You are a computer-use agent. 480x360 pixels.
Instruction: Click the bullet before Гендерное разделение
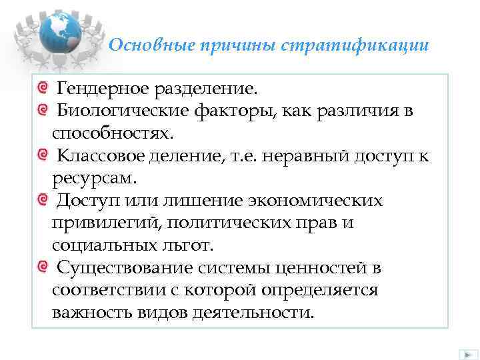(x=43, y=87)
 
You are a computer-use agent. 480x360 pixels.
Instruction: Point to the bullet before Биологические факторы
(x=43, y=109)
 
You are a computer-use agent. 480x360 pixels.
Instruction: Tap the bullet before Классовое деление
(x=43, y=155)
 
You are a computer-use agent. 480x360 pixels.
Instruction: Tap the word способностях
(x=112, y=133)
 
